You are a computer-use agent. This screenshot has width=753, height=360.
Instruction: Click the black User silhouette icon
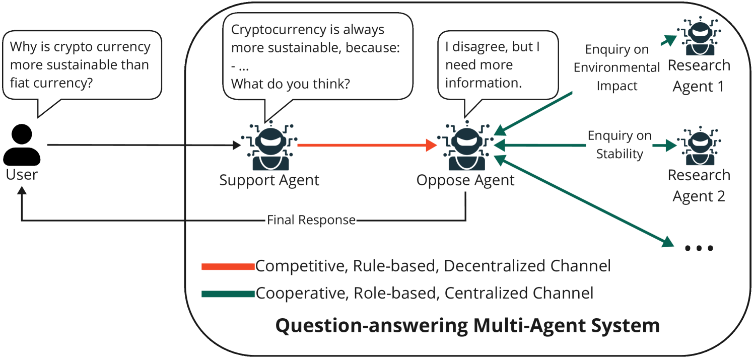tap(22, 145)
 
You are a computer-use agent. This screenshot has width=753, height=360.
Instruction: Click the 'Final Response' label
tap(311, 220)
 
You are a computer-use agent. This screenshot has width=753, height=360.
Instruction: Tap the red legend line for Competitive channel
tap(228, 267)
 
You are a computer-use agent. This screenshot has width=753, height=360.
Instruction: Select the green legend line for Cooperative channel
tap(228, 294)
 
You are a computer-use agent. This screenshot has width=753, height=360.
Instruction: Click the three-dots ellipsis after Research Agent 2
tap(699, 248)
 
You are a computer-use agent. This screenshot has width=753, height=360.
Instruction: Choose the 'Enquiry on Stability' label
tap(620, 145)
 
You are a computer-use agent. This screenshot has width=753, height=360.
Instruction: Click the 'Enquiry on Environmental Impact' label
tap(617, 67)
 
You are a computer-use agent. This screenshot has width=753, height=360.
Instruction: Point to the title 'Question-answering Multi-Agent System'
tap(467, 325)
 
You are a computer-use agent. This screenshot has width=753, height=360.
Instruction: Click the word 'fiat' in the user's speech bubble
tap(20, 83)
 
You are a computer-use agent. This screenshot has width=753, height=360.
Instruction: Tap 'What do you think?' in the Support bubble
tap(291, 84)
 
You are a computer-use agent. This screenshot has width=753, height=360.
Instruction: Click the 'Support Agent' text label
tap(269, 181)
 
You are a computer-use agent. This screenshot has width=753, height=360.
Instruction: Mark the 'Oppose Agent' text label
tap(465, 181)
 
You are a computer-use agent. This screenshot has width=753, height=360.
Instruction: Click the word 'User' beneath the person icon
tap(22, 175)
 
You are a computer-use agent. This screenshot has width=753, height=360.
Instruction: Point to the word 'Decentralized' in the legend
tap(527, 266)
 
